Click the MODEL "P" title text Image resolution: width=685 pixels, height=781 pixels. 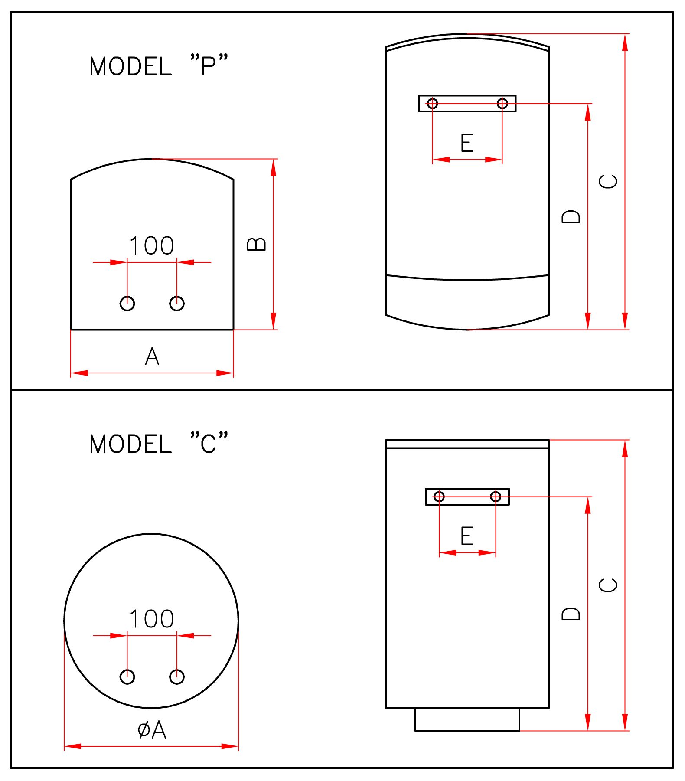tap(158, 66)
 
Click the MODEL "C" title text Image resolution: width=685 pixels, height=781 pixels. tap(158, 444)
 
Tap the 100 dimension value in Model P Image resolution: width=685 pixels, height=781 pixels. tap(152, 245)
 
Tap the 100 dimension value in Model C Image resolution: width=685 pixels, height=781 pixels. tap(152, 619)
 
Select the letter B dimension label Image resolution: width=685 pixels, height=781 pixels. tap(257, 244)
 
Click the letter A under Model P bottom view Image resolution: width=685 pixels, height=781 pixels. tap(152, 357)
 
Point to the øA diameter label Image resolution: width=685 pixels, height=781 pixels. tap(152, 730)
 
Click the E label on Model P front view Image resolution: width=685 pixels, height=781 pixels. tap(467, 143)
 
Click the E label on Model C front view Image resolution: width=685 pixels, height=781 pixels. tap(467, 536)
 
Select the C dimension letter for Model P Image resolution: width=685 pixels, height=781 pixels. tap(608, 181)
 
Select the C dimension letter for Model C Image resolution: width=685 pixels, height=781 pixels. tap(608, 585)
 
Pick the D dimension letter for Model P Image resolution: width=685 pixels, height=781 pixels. tap(571, 216)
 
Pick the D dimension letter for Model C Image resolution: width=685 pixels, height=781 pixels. tap(571, 614)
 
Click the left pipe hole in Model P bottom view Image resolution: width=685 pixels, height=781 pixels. tap(127, 304)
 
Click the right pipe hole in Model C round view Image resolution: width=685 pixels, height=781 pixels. tap(177, 676)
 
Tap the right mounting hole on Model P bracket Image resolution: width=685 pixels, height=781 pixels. tap(502, 104)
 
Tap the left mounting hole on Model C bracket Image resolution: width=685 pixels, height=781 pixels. tap(439, 497)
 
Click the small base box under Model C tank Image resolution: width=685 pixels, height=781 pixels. tap(467, 719)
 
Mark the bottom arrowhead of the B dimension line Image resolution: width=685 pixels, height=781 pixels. tap(274, 321)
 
